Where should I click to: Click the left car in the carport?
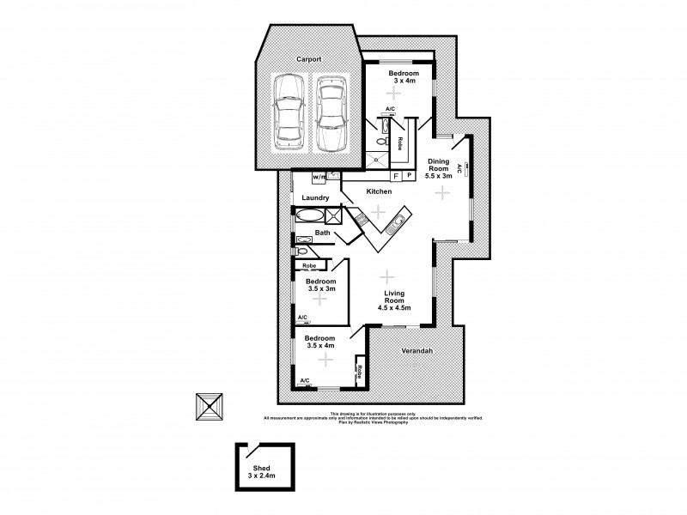[286, 112]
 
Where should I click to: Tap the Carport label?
[309, 60]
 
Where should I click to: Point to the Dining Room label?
[441, 164]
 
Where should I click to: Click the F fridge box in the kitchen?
[395, 176]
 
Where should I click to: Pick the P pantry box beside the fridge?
[410, 176]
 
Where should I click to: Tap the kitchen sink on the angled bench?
[394, 227]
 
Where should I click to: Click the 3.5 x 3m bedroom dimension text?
[322, 289]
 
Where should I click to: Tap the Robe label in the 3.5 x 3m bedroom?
[309, 267]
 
